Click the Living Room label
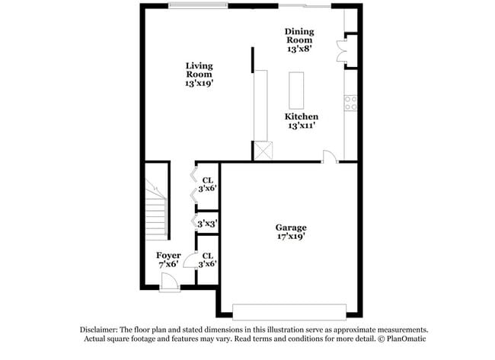pyautogui.click(x=199, y=70)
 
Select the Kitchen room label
pyautogui.click(x=302, y=116)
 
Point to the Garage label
pyautogui.click(x=291, y=227)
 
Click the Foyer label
pyautogui.click(x=168, y=255)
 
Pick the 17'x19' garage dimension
pyautogui.click(x=291, y=236)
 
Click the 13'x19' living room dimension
pyautogui.click(x=199, y=84)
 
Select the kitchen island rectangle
pyautogui.click(x=296, y=91)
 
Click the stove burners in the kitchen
pyautogui.click(x=351, y=103)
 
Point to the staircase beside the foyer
pyautogui.click(x=157, y=205)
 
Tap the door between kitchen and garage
pyautogui.click(x=330, y=156)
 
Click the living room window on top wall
pyautogui.click(x=197, y=6)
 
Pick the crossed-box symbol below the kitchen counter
pyautogui.click(x=263, y=151)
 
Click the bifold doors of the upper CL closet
pyautogui.click(x=193, y=186)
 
